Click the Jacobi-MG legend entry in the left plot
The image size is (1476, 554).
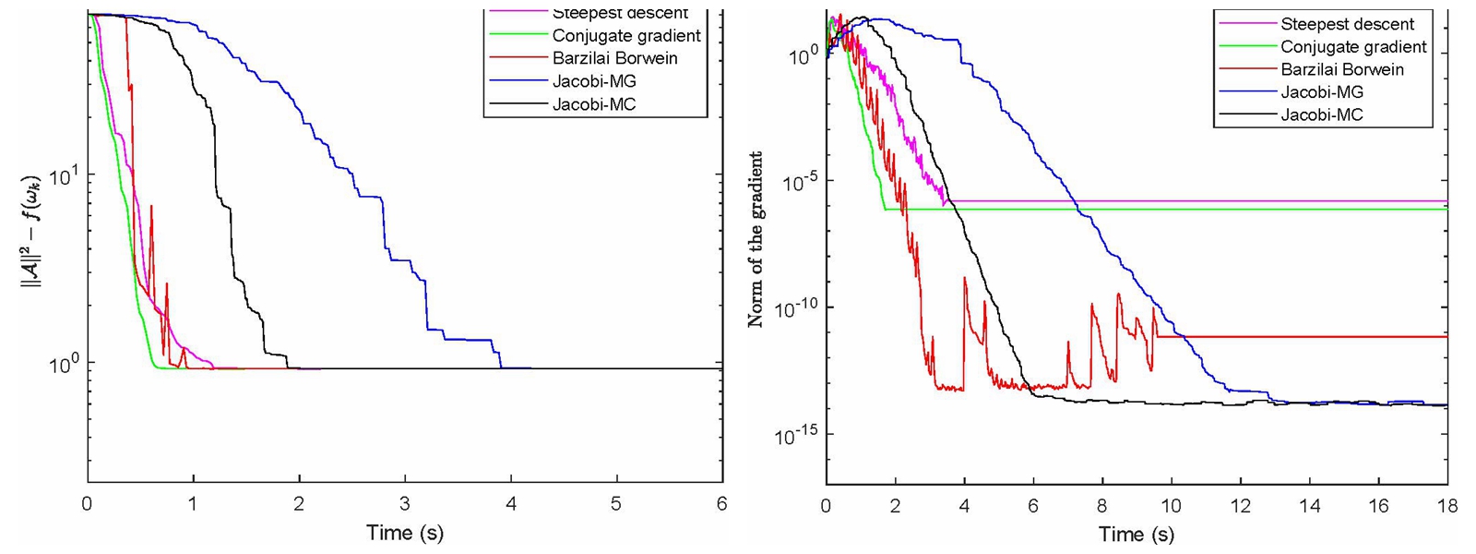point(594,81)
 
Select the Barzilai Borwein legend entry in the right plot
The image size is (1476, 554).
point(1342,69)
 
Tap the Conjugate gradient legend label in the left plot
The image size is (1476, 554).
point(626,36)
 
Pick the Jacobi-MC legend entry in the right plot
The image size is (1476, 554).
point(1322,114)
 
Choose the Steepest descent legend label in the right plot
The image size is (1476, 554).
point(1347,24)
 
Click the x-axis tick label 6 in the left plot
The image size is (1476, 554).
point(721,503)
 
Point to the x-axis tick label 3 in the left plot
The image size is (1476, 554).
point(404,503)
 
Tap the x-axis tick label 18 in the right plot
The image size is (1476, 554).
point(1446,506)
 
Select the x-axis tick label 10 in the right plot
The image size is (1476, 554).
point(1171,506)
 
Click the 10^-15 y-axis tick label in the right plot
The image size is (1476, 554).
point(797,435)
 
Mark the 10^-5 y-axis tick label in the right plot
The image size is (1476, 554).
point(799,181)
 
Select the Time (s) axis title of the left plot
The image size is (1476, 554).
point(404,533)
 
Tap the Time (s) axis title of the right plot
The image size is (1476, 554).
point(1136,534)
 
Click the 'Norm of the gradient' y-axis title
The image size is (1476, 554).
point(756,239)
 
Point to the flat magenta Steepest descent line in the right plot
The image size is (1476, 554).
point(1199,200)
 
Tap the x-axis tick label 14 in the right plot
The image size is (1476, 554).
point(1309,506)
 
